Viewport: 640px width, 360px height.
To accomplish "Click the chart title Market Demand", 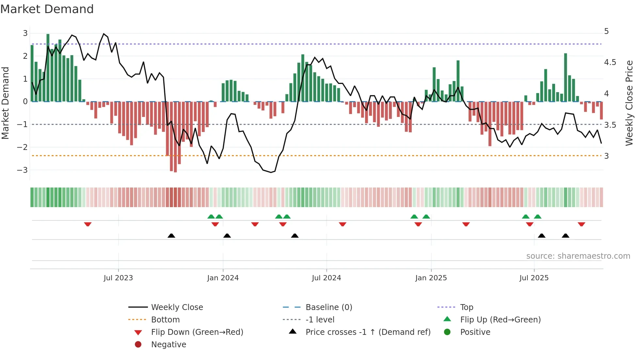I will pos(47,9).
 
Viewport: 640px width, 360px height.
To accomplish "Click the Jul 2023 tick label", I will pos(118,278).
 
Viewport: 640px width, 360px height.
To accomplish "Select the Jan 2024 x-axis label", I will pos(223,278).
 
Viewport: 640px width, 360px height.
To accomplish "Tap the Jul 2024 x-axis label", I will pos(326,278).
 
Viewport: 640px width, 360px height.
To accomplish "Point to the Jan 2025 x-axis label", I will pos(431,278).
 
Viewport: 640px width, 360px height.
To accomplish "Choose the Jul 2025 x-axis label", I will pos(534,278).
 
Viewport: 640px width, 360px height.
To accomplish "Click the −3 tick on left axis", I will pos(22,170).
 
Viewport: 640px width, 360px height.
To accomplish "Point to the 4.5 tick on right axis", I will pos(610,62).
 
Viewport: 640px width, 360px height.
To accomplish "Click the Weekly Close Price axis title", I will pos(629,103).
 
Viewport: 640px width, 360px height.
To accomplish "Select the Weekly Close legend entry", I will pos(177,307).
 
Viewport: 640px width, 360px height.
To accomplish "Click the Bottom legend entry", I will pos(165,320).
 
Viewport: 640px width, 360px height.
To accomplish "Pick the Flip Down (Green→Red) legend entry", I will pos(197,332).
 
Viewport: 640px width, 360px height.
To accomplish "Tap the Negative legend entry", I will pos(168,345).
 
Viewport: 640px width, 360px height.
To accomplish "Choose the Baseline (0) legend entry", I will pos(328,307).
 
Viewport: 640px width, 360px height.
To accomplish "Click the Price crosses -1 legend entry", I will pos(368,332).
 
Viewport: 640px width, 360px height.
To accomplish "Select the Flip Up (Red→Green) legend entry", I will pos(500,320).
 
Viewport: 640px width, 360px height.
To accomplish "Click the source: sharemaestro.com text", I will pos(578,256).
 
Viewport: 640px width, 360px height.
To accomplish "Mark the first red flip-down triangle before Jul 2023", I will pos(88,224).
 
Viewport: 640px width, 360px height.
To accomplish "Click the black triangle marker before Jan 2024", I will pos(171,236).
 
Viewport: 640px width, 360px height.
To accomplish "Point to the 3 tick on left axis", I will pos(25,33).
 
